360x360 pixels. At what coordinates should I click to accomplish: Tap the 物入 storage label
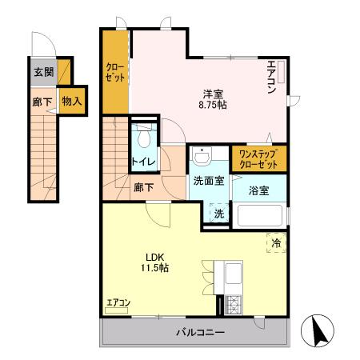point(71,102)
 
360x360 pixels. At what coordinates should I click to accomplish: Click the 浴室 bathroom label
point(258,190)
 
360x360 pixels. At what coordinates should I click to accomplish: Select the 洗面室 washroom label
point(208,181)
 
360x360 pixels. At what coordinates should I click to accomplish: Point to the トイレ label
point(143,162)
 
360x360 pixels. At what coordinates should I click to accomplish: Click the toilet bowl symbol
point(143,138)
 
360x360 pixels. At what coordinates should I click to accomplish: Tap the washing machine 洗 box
point(218,214)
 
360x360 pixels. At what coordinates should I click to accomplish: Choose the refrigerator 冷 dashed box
point(275,242)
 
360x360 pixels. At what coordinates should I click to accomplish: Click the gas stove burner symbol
point(234,305)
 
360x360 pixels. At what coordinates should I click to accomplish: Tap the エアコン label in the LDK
point(118,302)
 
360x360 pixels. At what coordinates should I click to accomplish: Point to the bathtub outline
point(258,216)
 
